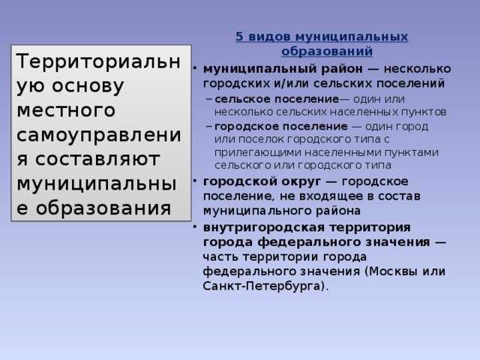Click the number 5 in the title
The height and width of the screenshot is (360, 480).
coord(239,37)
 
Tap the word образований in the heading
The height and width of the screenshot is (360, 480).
coord(326,51)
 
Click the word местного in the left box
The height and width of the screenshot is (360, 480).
coord(66,109)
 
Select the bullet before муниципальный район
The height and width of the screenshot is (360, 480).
coord(194,68)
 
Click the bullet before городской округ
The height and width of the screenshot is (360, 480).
coord(194,182)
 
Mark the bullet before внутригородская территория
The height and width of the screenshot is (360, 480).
coord(194,227)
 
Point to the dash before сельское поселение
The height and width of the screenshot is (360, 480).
coord(208,99)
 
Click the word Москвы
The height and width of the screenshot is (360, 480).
coord(394,271)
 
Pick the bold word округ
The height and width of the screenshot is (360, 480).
coord(299,182)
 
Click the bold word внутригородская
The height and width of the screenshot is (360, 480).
coord(256,227)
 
